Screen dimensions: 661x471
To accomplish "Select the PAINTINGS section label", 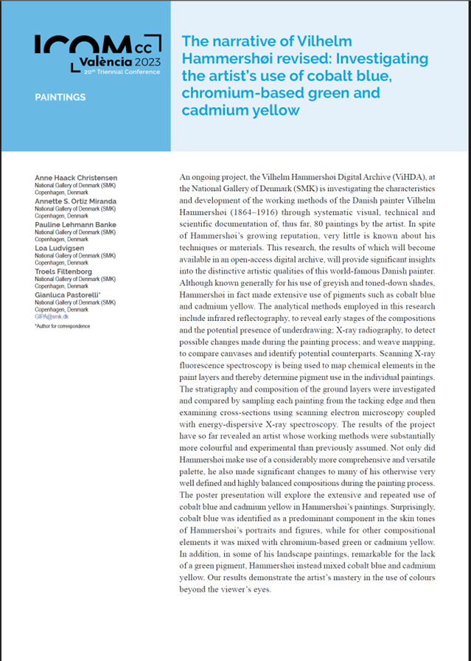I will point(60,97).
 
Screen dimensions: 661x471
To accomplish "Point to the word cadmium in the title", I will point(214,111).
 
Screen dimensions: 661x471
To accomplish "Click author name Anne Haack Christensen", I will point(76,179).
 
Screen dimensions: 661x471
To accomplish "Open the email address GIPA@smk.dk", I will point(51,316).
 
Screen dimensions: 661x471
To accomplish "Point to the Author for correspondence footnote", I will point(62,325).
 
